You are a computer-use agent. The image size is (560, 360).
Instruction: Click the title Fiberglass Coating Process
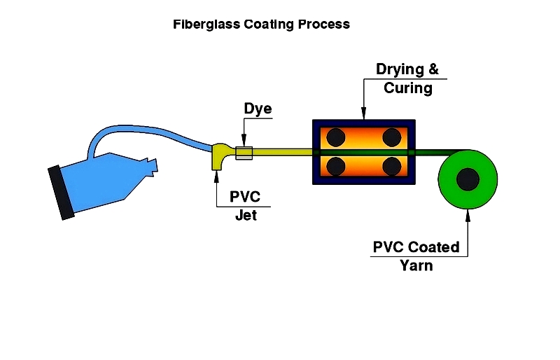(261, 25)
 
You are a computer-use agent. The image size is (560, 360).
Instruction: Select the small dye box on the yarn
(244, 153)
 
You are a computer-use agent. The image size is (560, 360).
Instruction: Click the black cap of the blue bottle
(61, 193)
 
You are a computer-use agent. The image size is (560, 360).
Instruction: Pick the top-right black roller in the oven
(391, 137)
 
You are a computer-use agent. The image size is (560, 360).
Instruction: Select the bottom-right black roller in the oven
(391, 166)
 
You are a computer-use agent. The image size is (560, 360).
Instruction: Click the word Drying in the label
(400, 69)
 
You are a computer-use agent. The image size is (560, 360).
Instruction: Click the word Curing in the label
(407, 88)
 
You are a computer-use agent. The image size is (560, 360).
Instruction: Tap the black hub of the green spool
(467, 181)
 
